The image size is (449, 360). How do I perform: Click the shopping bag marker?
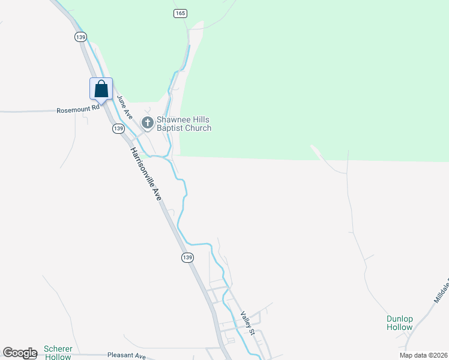coord(101,89)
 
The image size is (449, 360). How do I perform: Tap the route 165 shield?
coord(181,13)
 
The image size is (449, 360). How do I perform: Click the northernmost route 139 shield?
coord(81,37)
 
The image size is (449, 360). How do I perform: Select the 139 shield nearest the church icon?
coord(118,128)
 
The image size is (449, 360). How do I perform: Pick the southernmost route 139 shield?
coord(187,257)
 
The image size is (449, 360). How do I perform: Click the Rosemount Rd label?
coord(77,110)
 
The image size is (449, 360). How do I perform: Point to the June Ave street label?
coord(124,106)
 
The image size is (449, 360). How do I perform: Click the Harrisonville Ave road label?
coord(146,173)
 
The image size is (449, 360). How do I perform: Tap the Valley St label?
coord(248,323)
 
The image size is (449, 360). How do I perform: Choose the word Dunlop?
coord(399,319)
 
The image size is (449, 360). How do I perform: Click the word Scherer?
coord(58,349)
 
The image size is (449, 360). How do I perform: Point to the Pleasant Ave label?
coord(126,355)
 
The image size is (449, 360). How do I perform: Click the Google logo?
coord(19,353)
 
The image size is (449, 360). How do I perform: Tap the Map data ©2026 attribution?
coord(423,355)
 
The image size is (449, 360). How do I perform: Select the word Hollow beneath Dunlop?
coord(399,327)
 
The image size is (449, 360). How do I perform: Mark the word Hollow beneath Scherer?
coord(58,356)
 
